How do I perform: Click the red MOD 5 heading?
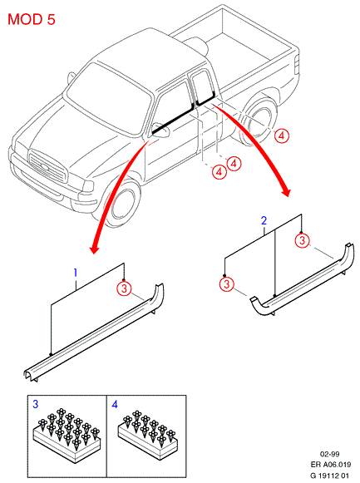coord(32,19)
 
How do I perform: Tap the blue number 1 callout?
coord(75,273)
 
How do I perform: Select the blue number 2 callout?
coord(264,220)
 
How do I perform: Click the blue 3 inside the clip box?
coord(36,404)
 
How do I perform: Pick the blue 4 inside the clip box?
coord(115,404)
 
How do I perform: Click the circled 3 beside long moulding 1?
coord(124,288)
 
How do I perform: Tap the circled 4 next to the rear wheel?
coord(281,136)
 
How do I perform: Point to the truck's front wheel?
coord(122,205)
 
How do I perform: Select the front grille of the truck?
coord(47,165)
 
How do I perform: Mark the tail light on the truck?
coord(297,66)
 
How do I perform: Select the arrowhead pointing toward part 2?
coord(286,191)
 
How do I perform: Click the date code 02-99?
coord(329,454)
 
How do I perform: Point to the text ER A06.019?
coord(330,464)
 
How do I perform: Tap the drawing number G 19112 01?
coord(329,476)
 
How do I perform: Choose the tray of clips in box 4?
coord(148,434)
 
